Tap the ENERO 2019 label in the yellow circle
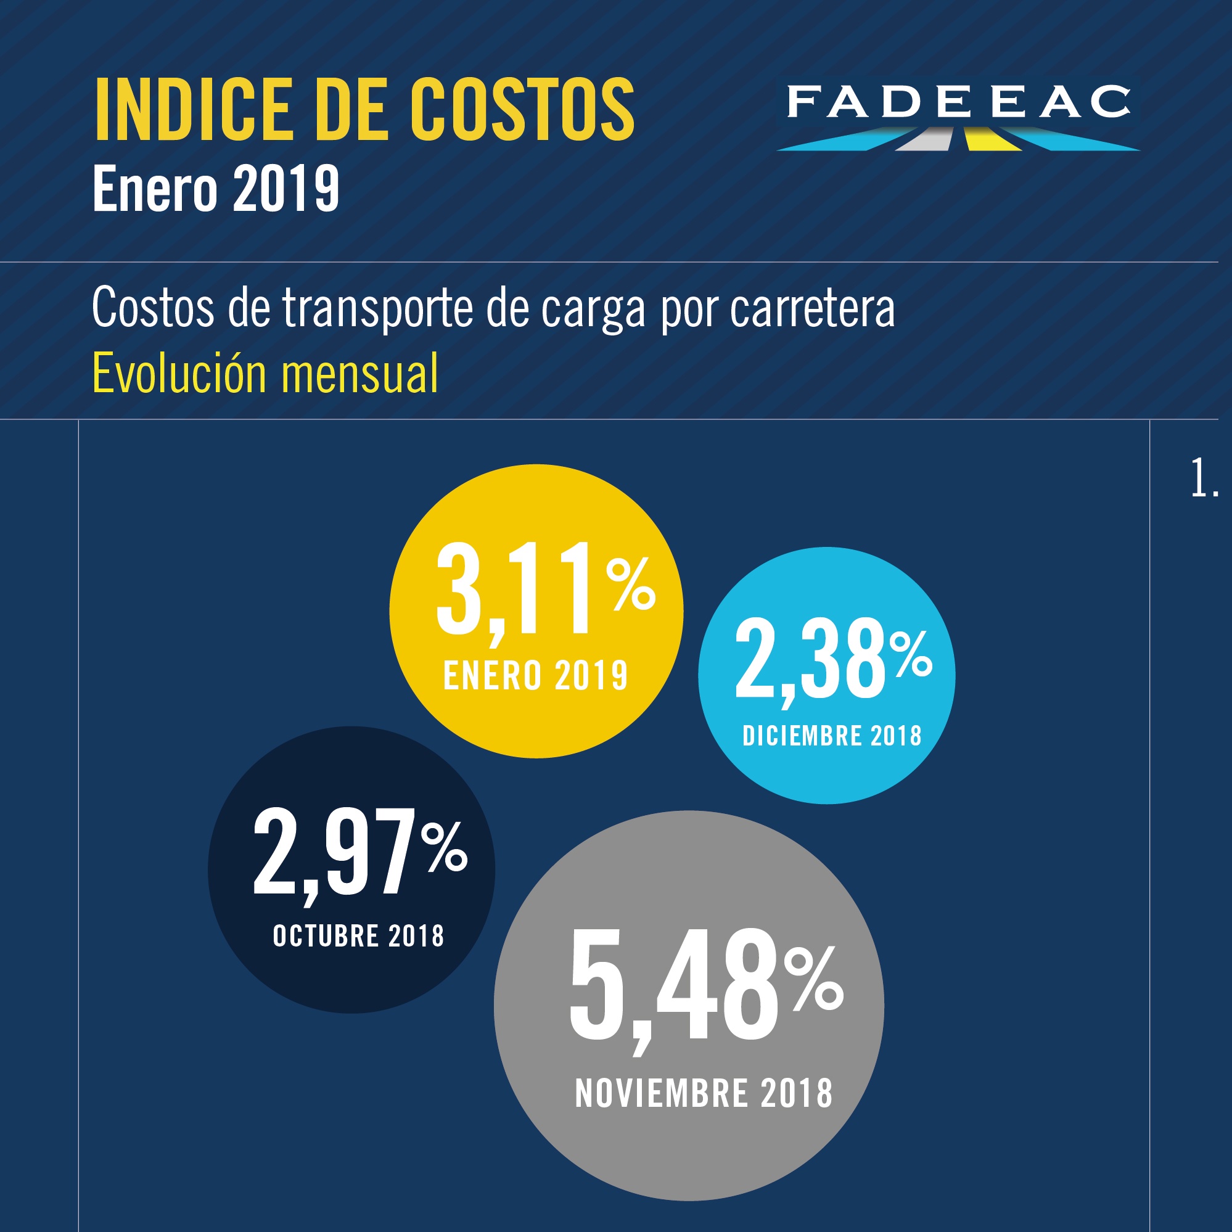[x=536, y=676]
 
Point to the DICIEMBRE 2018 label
[x=832, y=736]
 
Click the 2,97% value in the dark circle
[x=338, y=855]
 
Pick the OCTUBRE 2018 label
[x=358, y=936]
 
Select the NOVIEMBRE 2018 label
[x=704, y=1094]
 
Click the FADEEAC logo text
[x=958, y=102]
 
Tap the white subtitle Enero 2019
[x=216, y=188]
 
